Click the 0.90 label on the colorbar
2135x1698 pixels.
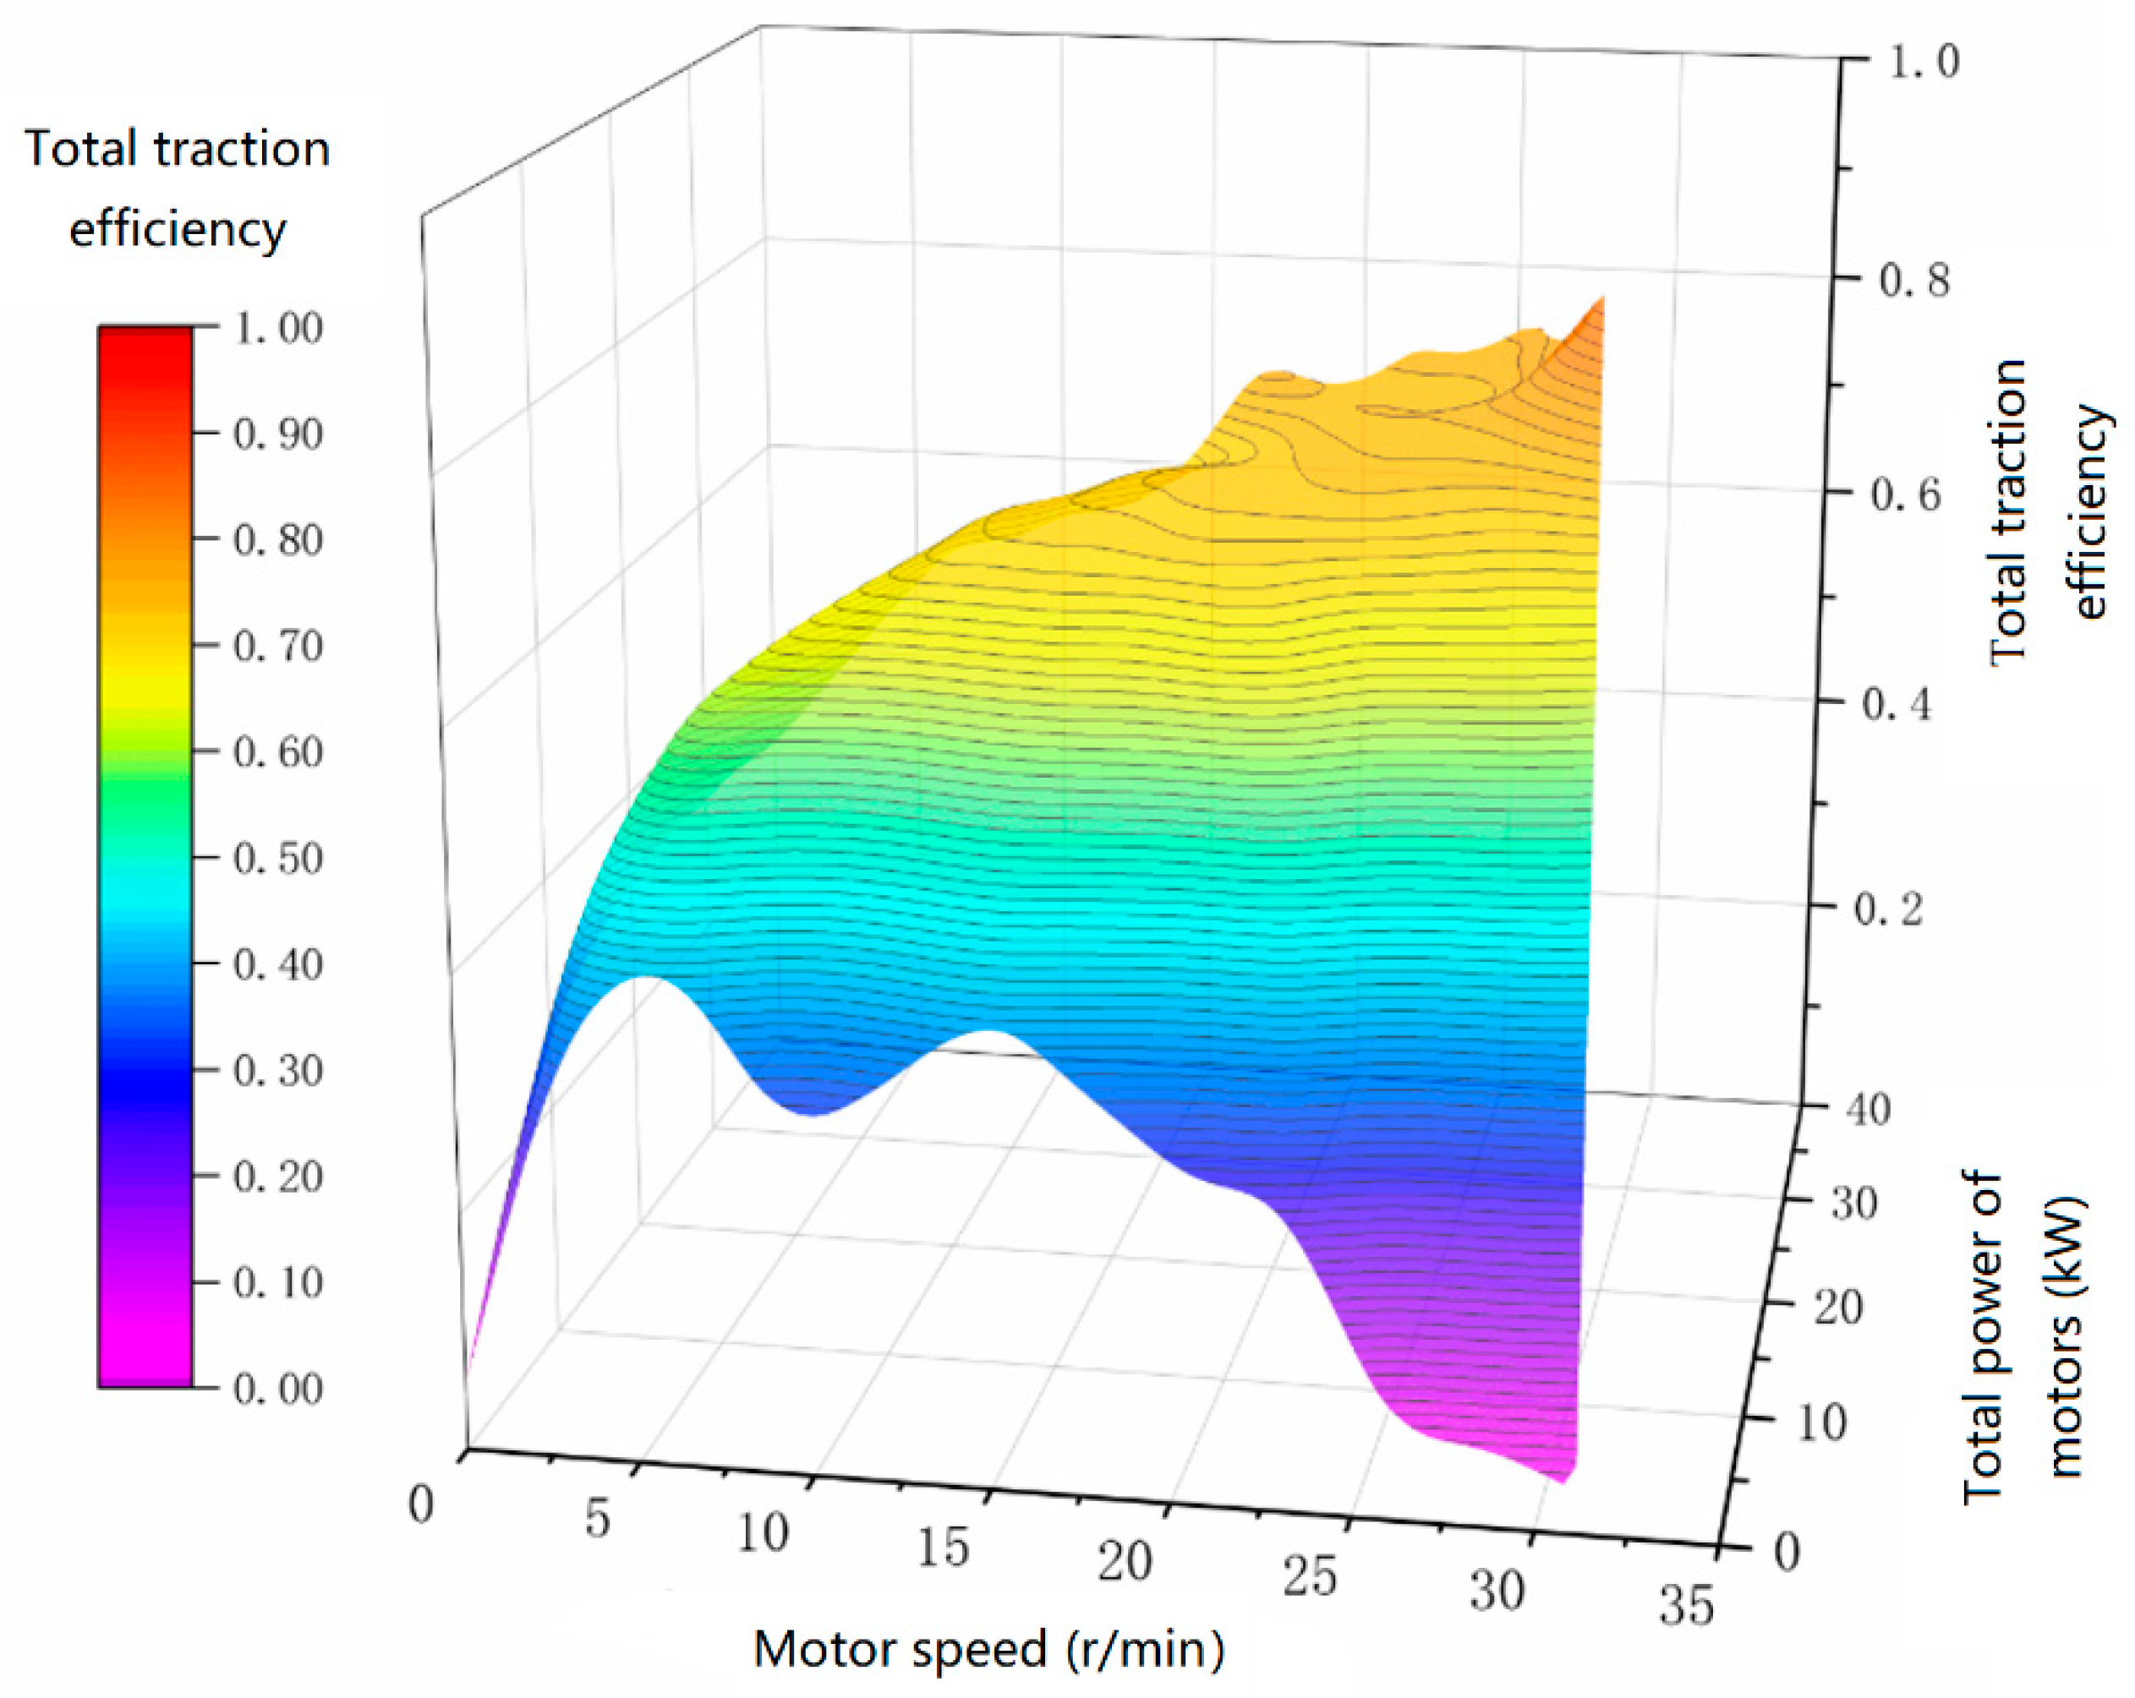(x=277, y=434)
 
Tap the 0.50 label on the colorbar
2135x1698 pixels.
(x=277, y=857)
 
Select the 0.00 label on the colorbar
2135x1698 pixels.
(x=277, y=1388)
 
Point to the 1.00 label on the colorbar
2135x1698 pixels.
(x=277, y=328)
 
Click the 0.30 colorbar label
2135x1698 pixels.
(x=277, y=1070)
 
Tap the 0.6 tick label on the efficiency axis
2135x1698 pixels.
(x=1904, y=494)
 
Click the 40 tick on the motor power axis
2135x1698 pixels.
(x=1868, y=1110)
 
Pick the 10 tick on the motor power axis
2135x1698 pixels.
(x=1820, y=1422)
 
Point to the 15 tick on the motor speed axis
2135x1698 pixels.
(x=942, y=1547)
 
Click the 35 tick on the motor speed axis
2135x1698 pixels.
(x=1686, y=1605)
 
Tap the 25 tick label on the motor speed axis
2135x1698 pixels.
(x=1309, y=1575)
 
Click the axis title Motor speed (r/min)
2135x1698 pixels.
(x=988, y=1650)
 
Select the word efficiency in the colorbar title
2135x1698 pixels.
(x=178, y=230)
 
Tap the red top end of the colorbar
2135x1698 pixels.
(x=145, y=336)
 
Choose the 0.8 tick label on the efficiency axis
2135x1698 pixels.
(x=1913, y=281)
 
